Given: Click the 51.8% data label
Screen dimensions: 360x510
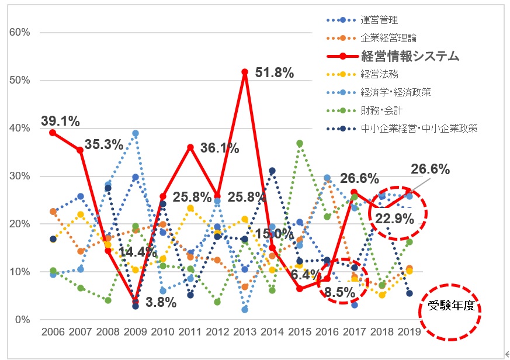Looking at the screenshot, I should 275,72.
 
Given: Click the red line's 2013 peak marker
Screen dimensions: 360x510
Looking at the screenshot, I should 245,72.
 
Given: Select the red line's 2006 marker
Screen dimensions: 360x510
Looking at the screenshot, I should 53,133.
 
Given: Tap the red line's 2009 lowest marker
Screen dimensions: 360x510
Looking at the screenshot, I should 136,302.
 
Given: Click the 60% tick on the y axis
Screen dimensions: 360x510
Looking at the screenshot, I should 20,32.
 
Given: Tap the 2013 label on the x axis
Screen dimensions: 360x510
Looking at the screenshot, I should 244,332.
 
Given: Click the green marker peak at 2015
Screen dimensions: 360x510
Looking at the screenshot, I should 300,143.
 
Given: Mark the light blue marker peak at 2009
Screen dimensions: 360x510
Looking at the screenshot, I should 136,133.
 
